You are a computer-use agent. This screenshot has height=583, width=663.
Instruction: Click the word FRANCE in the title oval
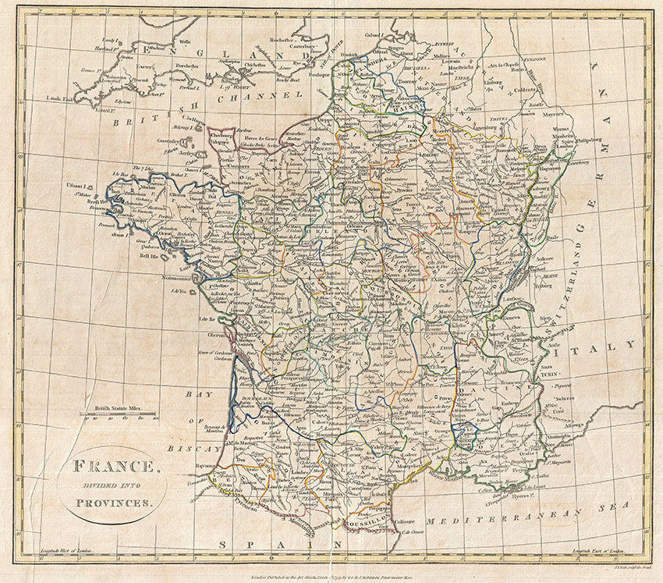point(113,467)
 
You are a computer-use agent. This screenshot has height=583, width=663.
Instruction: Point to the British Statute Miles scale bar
point(117,411)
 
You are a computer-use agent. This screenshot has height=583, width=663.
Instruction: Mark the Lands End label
point(58,98)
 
